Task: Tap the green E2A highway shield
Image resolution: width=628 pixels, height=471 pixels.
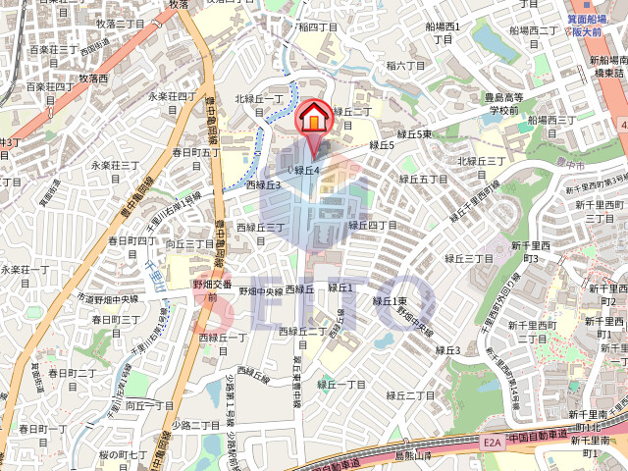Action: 492,444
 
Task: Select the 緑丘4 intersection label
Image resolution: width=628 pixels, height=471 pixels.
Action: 307,170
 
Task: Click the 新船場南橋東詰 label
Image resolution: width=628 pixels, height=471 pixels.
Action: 608,66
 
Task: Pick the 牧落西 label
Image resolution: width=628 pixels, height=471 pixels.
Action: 93,78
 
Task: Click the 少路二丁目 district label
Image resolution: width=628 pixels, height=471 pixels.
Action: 196,425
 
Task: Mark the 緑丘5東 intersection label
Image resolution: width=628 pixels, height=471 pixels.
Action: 415,133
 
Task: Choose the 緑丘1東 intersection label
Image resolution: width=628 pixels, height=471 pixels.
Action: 389,301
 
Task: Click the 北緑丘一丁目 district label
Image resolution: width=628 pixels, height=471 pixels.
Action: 259,105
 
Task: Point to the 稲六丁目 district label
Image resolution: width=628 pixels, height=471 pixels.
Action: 406,66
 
